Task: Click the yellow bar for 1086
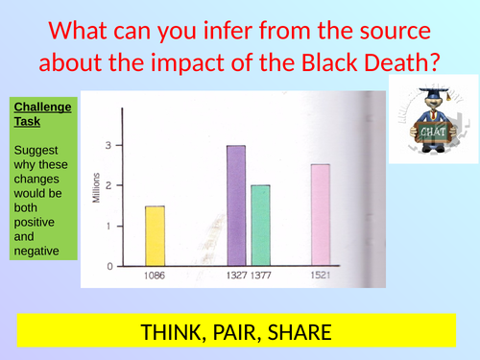156,235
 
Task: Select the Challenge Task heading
41,114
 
